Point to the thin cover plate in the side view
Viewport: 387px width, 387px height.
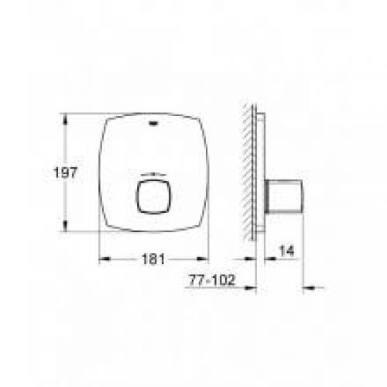point(260,174)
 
